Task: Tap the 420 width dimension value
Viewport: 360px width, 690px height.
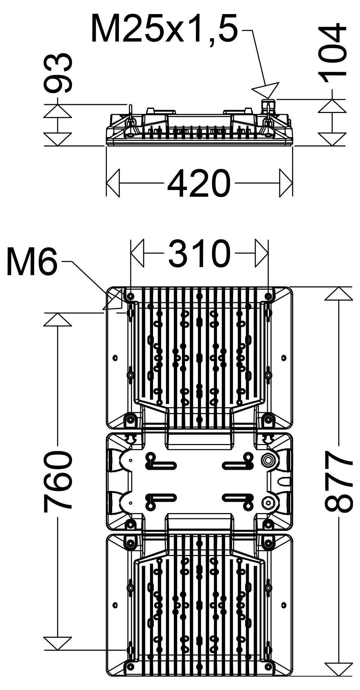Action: (x=199, y=183)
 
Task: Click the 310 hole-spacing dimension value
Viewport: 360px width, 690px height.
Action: (x=200, y=253)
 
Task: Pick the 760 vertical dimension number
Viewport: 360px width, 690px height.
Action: (x=58, y=482)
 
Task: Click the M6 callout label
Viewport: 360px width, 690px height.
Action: (x=32, y=261)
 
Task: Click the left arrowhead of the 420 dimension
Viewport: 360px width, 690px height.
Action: (x=113, y=183)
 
